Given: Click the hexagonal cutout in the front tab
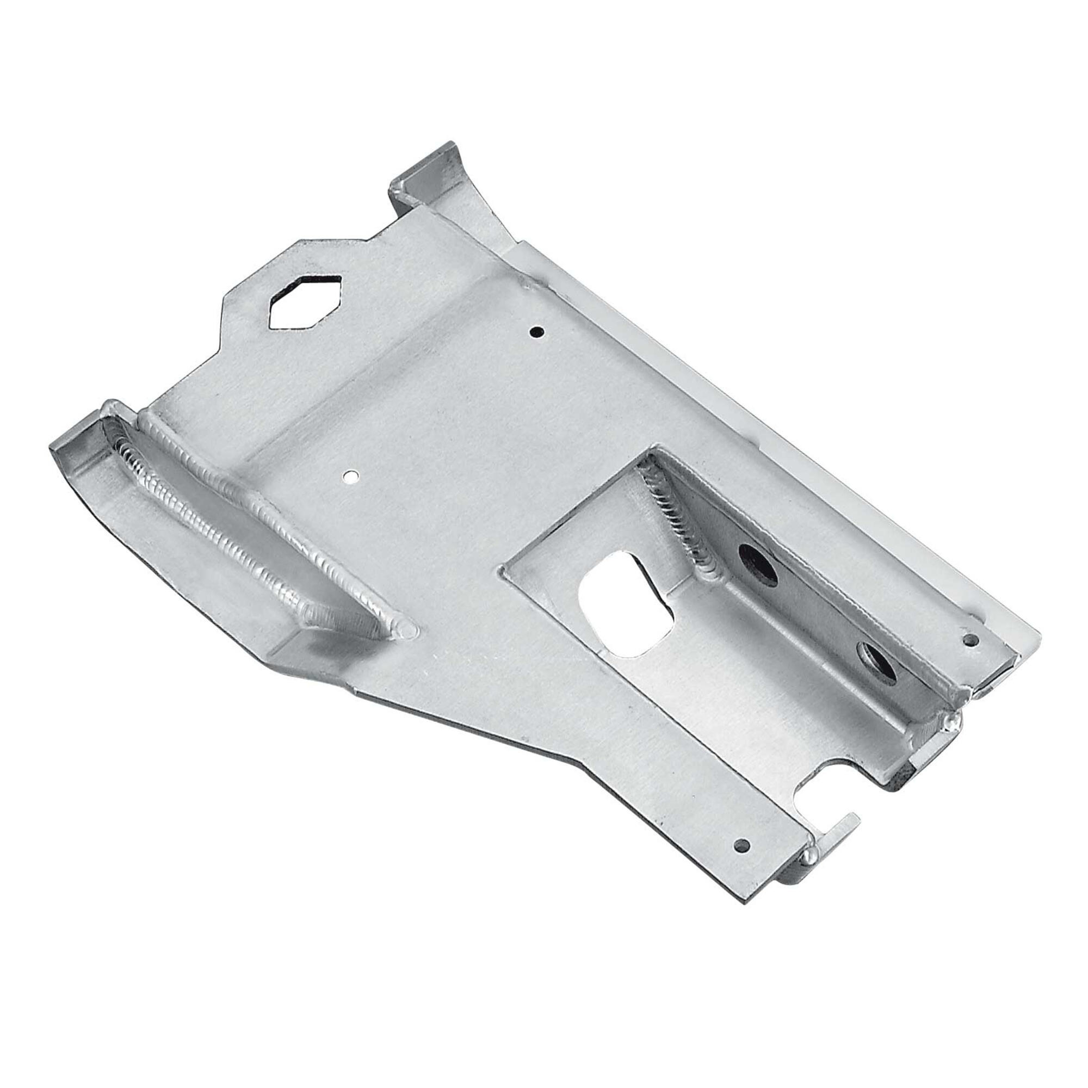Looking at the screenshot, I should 305,301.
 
